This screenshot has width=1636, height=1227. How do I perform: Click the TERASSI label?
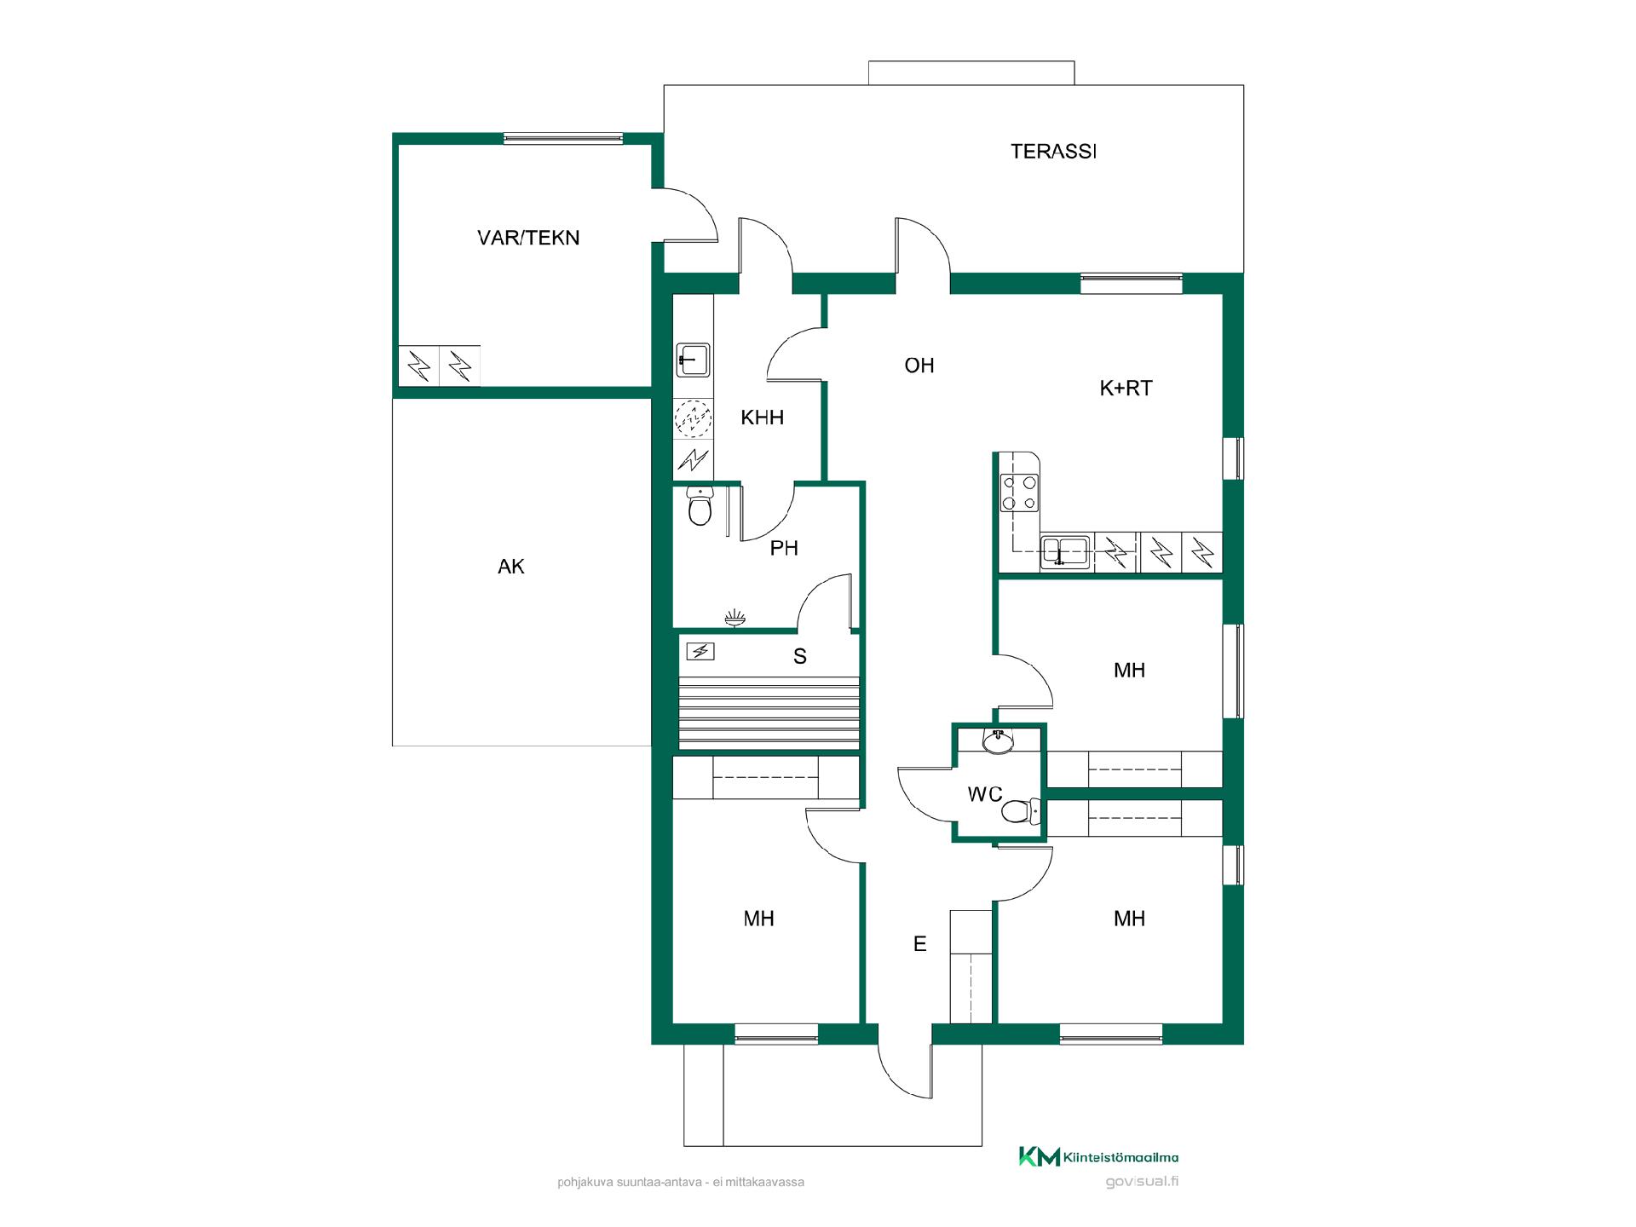click(x=1053, y=152)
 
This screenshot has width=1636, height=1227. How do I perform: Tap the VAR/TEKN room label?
click(x=528, y=238)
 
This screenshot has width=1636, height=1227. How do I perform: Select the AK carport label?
click(x=511, y=567)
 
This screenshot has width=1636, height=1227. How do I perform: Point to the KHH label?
click(x=762, y=418)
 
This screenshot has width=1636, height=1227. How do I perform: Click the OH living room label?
click(x=919, y=366)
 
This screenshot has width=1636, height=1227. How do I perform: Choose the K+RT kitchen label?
click(x=1126, y=389)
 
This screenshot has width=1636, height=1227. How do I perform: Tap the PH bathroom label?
click(x=784, y=549)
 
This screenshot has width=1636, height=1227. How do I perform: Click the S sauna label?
click(x=799, y=656)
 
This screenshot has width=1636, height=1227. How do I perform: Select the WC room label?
click(x=985, y=795)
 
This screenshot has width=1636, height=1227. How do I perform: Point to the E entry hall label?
click(x=919, y=944)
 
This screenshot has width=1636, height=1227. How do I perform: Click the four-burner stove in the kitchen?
click(x=1020, y=493)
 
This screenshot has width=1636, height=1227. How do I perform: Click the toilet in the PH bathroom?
click(x=700, y=507)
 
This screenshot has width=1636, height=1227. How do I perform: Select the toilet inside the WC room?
click(x=1021, y=811)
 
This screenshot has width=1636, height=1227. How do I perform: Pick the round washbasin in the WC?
click(x=998, y=741)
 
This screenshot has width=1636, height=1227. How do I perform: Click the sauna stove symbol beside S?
click(x=700, y=652)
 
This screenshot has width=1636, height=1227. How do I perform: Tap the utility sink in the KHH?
click(x=693, y=360)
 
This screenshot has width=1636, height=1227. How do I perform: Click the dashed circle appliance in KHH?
click(x=693, y=418)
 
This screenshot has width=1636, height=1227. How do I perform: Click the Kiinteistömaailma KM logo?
click(x=1099, y=1156)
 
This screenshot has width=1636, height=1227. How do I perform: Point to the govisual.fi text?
click(x=1142, y=1182)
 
